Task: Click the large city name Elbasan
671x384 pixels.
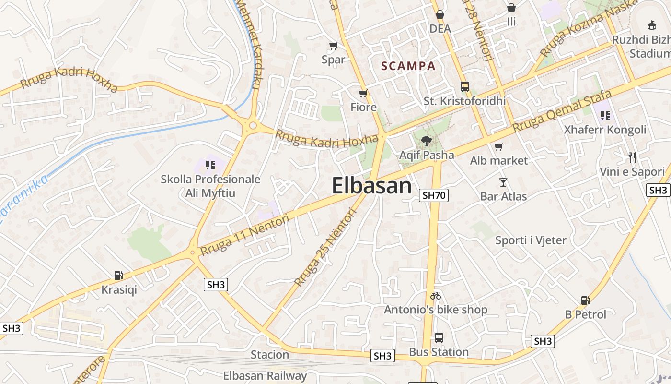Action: pyautogui.click(x=371, y=186)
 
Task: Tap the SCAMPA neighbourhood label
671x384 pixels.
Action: pyautogui.click(x=408, y=66)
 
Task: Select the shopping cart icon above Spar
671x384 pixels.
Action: pyautogui.click(x=333, y=46)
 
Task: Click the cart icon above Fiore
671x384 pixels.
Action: pyautogui.click(x=363, y=93)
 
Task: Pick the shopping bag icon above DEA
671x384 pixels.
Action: pyautogui.click(x=440, y=15)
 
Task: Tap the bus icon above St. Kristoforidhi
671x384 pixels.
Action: pyautogui.click(x=464, y=87)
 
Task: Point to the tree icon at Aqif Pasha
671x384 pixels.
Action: pyautogui.click(x=426, y=141)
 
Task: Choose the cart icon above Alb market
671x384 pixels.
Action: pyautogui.click(x=499, y=146)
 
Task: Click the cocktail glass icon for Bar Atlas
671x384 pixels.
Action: pyautogui.click(x=503, y=182)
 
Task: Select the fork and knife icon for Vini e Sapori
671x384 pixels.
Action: pyautogui.click(x=632, y=157)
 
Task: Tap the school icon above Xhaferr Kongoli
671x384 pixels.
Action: pyautogui.click(x=605, y=115)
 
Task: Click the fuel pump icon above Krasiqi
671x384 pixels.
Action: pyautogui.click(x=118, y=276)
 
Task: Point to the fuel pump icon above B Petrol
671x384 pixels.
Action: pyautogui.click(x=585, y=300)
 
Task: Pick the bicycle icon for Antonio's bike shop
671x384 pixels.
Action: pyautogui.click(x=436, y=296)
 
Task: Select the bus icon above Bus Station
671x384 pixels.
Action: pyautogui.click(x=439, y=338)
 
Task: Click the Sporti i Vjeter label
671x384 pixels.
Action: pyautogui.click(x=531, y=240)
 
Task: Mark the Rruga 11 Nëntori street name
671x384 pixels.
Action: pyautogui.click(x=245, y=235)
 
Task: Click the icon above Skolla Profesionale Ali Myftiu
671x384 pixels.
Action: pyautogui.click(x=210, y=165)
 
